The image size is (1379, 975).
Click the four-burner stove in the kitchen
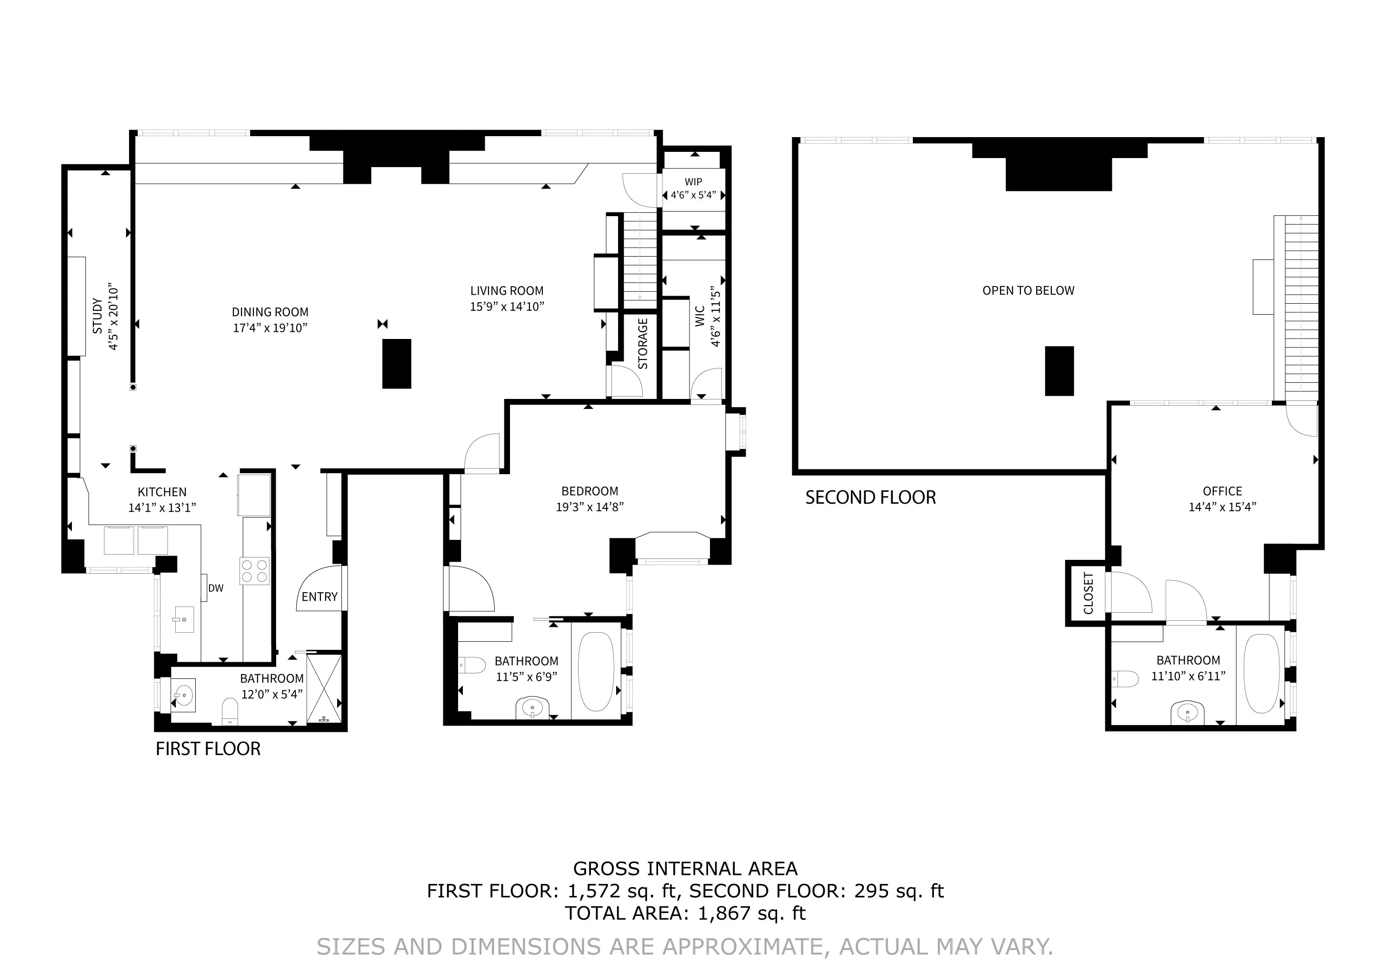(254, 571)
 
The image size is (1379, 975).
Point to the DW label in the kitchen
(216, 588)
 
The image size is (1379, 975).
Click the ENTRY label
(319, 597)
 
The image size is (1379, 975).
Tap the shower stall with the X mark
(324, 689)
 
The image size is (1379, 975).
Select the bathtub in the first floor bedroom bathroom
(595, 671)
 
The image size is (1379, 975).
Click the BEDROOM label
(589, 491)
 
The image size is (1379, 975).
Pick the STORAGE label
(643, 344)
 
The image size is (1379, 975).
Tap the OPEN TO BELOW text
(1028, 290)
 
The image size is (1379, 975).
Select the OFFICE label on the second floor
(1222, 491)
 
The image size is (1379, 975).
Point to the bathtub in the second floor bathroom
(1261, 674)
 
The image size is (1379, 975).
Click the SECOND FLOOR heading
(870, 497)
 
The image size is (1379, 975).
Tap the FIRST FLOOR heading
(208, 749)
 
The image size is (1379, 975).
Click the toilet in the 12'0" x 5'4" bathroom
(230, 710)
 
